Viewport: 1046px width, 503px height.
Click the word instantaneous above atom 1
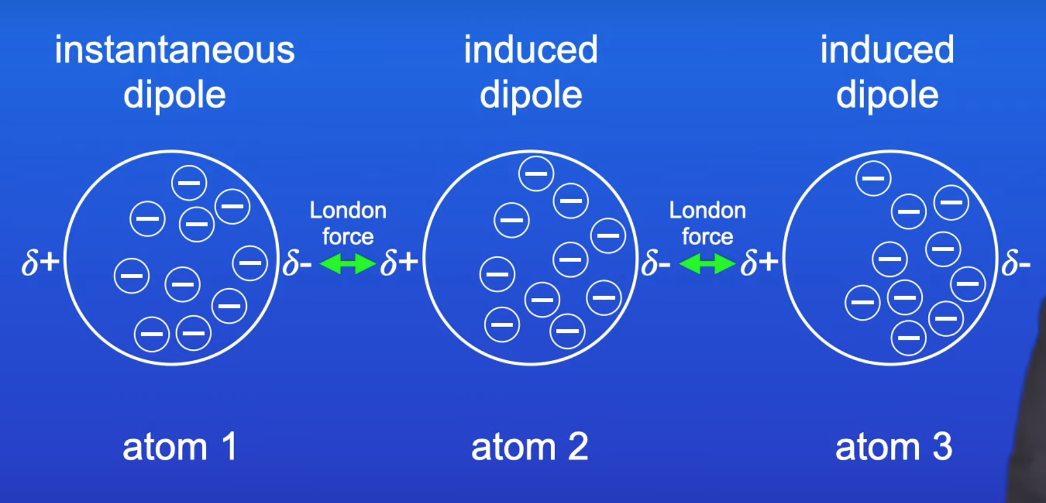[x=174, y=50]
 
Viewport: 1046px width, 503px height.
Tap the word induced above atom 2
[x=531, y=50]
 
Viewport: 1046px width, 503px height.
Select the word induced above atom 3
[x=887, y=50]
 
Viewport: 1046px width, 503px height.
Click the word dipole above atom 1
[x=174, y=95]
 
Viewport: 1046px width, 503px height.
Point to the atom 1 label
[x=180, y=447]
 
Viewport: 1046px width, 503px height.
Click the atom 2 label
[x=529, y=447]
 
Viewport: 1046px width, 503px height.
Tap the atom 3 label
[x=894, y=447]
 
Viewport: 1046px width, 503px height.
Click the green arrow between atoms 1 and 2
[x=348, y=264]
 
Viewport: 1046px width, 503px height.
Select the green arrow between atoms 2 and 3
[x=707, y=264]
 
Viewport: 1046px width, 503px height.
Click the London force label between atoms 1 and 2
[x=348, y=223]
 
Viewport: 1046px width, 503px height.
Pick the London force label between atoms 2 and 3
[x=707, y=223]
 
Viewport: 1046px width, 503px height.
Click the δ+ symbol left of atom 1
[x=40, y=263]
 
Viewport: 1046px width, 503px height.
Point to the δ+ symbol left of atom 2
[x=399, y=263]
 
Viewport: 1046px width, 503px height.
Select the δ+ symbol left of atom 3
[x=759, y=263]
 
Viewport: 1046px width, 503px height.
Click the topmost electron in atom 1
[x=189, y=182]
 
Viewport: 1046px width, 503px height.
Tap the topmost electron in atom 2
[x=536, y=173]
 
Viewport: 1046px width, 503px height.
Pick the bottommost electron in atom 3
[x=908, y=337]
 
